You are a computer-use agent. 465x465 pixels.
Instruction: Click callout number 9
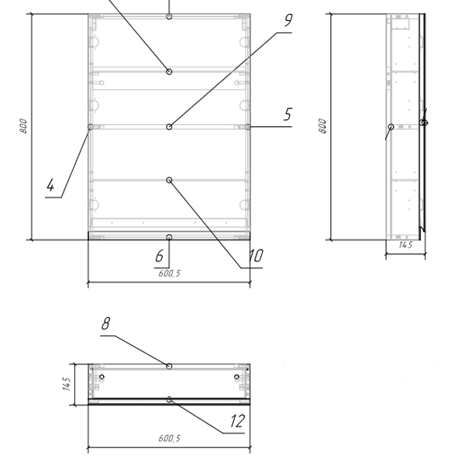point(288,20)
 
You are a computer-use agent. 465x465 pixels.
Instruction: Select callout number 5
point(288,114)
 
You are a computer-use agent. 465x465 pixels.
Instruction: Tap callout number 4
point(50,185)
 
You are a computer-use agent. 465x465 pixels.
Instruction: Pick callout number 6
point(159,256)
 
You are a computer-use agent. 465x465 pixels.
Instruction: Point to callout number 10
point(255,256)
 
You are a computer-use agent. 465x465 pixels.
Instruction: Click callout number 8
point(105,323)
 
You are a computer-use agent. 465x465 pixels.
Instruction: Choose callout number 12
point(238,421)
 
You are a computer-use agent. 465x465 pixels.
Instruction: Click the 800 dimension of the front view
point(23,126)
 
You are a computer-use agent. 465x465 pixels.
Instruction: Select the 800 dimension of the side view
point(322,126)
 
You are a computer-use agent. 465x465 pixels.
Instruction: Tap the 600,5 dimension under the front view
point(169,274)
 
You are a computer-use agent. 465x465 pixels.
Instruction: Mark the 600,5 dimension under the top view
point(169,439)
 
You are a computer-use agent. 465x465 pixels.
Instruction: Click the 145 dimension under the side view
point(405,245)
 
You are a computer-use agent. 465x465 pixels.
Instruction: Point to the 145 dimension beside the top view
point(67,384)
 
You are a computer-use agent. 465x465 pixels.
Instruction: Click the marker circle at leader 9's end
point(169,127)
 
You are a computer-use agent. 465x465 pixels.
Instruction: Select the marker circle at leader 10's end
point(169,180)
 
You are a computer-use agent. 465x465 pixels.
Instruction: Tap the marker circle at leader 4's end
point(90,127)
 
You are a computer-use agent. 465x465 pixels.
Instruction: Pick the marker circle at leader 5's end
point(248,127)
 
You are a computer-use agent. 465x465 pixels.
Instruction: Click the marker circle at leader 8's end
point(169,367)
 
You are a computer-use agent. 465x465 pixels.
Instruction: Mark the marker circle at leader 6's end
point(169,237)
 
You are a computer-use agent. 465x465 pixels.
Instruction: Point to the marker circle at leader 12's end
point(169,400)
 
